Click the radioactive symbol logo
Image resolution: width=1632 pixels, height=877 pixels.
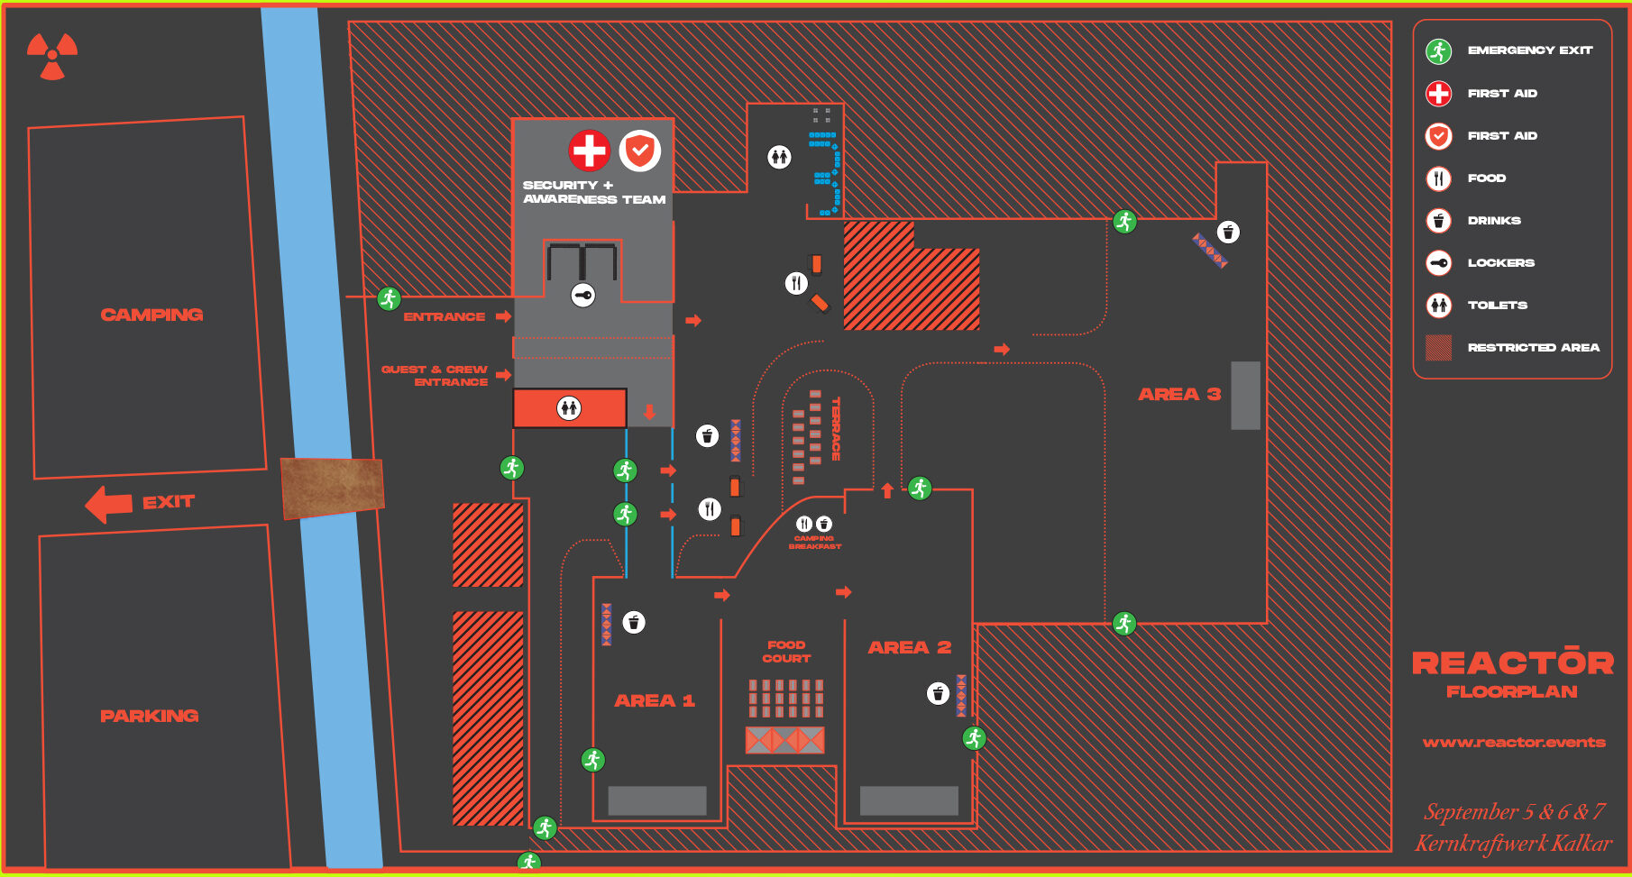tap(52, 56)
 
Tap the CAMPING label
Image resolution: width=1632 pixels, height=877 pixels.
tap(151, 315)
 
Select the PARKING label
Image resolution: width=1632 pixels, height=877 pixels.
tap(150, 716)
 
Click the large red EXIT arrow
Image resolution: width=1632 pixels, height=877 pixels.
tap(109, 504)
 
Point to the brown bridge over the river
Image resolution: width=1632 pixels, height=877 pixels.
tap(332, 487)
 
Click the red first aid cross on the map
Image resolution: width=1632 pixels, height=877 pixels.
tap(590, 151)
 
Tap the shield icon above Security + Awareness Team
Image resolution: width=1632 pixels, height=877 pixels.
tap(640, 151)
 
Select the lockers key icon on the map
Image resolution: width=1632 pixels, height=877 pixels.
tap(583, 295)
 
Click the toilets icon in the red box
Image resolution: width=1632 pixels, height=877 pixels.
tap(569, 408)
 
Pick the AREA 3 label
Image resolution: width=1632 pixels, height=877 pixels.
tap(1179, 394)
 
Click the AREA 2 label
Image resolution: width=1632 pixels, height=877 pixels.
tap(909, 647)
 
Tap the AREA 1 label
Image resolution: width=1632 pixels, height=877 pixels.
tap(655, 700)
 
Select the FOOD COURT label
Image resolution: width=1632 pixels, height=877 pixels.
tap(786, 652)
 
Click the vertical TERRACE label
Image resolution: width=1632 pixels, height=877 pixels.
tap(836, 429)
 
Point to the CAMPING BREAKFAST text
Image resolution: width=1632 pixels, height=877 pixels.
tap(815, 543)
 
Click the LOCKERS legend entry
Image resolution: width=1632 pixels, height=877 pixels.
tap(1500, 262)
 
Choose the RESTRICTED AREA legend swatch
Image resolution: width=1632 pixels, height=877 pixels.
tap(1439, 347)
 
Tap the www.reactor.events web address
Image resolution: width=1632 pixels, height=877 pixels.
tap(1514, 743)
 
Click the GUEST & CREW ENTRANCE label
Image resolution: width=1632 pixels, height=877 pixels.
tap(436, 376)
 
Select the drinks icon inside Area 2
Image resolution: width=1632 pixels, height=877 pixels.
tap(939, 693)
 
